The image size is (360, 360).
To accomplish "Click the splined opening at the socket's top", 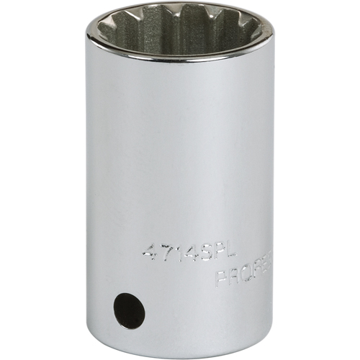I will coord(179,32).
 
